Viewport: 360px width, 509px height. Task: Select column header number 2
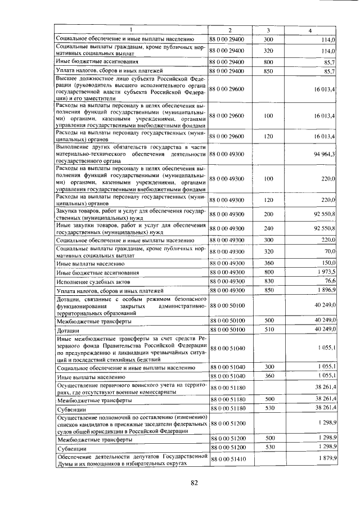(229, 30)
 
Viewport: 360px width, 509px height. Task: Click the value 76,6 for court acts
(330, 281)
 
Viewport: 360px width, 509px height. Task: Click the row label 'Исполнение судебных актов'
(93, 281)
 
